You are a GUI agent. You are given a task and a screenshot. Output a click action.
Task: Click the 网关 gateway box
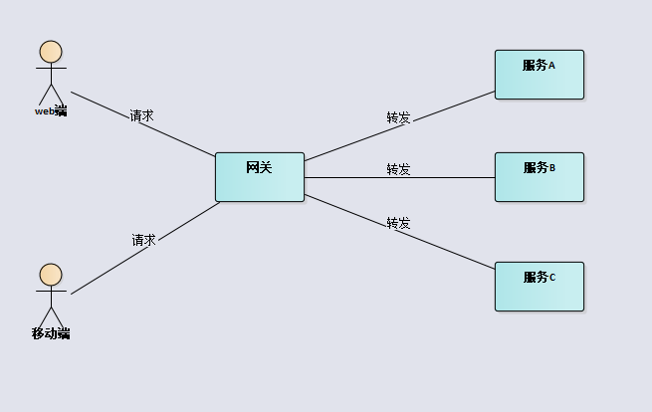point(259,176)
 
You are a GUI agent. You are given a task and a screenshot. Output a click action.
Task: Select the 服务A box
point(539,75)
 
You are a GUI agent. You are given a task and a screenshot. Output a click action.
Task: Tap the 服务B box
point(539,177)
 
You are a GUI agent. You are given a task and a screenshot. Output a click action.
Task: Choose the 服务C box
point(539,287)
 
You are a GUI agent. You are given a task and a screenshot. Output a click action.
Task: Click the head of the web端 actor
point(51,52)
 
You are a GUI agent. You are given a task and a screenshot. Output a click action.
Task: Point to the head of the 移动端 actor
point(51,275)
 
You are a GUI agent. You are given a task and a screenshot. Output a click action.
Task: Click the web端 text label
point(51,111)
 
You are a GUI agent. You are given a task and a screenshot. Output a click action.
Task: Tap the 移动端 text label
point(51,333)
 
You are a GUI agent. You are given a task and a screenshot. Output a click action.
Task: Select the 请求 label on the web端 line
point(141,115)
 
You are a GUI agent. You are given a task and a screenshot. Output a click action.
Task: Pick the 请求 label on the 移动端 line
point(143,240)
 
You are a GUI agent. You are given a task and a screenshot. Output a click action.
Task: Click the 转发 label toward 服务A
point(398,117)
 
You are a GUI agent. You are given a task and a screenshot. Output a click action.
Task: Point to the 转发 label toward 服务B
point(398,169)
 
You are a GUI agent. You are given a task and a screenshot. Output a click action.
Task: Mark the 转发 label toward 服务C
point(398,222)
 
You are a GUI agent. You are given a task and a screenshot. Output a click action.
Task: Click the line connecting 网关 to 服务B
point(448,178)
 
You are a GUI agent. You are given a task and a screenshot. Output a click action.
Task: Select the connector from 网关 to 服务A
point(448,108)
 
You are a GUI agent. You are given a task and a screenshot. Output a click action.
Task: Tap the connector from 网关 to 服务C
point(448,248)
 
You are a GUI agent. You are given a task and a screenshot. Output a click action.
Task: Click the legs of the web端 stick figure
point(51,96)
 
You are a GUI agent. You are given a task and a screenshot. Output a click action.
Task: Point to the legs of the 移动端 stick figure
point(51,317)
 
